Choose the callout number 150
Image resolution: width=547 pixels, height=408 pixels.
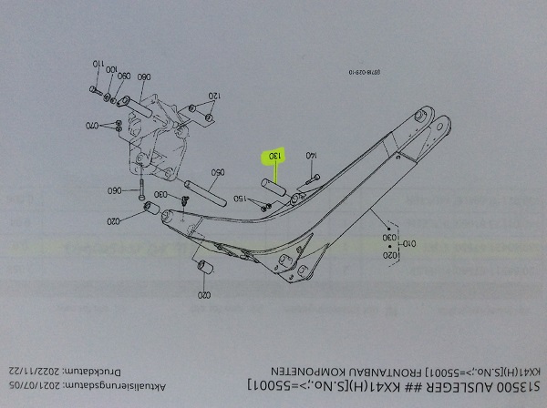[x=240, y=199]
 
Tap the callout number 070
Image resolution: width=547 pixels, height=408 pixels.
[x=93, y=124]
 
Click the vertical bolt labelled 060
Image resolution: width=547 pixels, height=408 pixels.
[x=142, y=191]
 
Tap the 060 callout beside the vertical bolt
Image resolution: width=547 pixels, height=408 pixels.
[x=115, y=191]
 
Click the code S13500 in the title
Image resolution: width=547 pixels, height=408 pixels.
[x=513, y=387]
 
